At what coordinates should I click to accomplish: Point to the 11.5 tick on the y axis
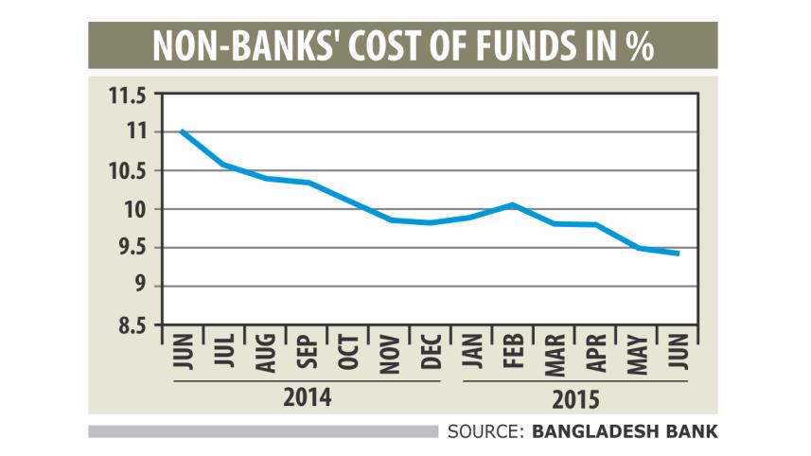(131, 95)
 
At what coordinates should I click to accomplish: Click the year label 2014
(308, 395)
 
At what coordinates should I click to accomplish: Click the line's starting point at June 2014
(181, 132)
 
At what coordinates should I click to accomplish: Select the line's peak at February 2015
(512, 204)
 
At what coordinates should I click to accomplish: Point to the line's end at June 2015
(678, 254)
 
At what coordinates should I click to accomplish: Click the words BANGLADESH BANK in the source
(626, 432)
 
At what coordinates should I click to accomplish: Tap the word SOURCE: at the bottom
(485, 432)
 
